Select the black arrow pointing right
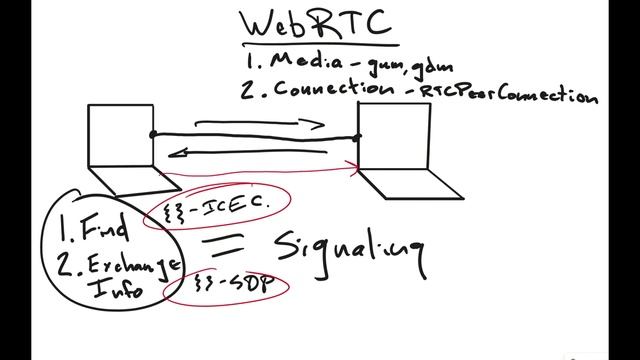pos(260,125)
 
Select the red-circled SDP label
pos(224,287)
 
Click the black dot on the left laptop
pos(152,134)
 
